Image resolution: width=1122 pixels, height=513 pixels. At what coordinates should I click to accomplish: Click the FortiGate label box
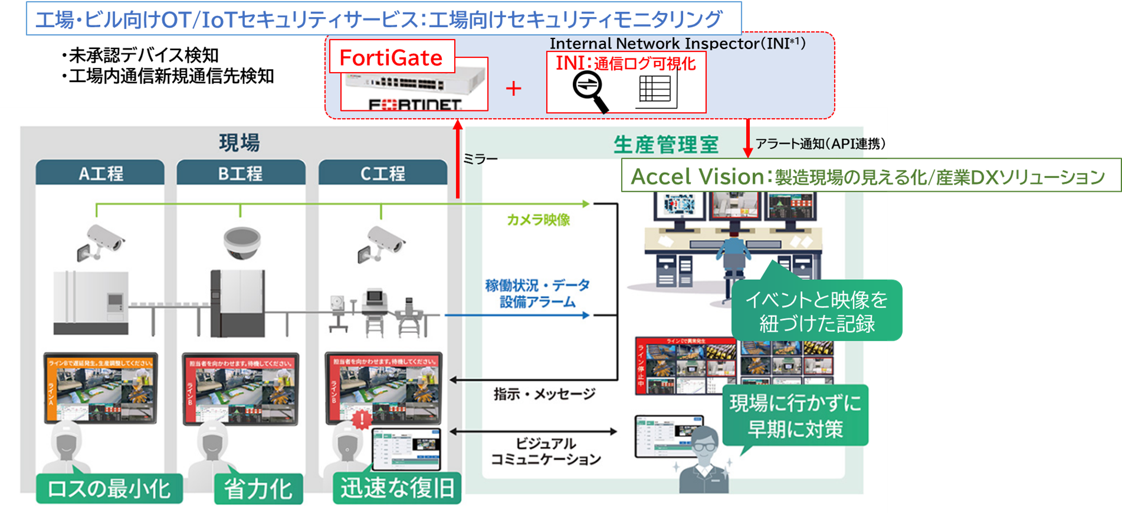[392, 57]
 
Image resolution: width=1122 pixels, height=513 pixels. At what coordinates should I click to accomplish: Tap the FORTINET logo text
[415, 105]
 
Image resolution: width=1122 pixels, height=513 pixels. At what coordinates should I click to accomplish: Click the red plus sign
[514, 89]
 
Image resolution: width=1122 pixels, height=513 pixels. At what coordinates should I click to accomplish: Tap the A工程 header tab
[100, 174]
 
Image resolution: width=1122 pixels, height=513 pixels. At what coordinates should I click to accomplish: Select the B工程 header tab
[241, 174]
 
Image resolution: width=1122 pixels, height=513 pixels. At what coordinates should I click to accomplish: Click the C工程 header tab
[383, 174]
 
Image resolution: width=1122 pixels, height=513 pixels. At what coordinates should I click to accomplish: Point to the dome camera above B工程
[242, 243]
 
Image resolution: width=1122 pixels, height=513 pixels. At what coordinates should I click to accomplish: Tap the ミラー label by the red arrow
[480, 159]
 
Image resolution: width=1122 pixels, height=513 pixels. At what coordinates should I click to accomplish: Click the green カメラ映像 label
[538, 220]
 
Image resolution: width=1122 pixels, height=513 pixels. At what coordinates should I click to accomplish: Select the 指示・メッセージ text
[544, 394]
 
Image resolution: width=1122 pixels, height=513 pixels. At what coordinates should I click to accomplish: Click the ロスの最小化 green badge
[109, 489]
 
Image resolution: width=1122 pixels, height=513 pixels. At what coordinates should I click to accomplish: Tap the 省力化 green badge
[258, 489]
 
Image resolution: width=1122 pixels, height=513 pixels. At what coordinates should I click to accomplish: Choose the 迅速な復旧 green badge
[397, 488]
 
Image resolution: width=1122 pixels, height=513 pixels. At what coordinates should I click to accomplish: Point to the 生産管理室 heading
[666, 145]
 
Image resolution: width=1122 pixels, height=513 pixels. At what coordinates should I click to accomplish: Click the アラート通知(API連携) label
[820, 143]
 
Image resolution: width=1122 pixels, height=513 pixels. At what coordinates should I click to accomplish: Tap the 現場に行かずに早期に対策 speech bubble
[795, 416]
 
